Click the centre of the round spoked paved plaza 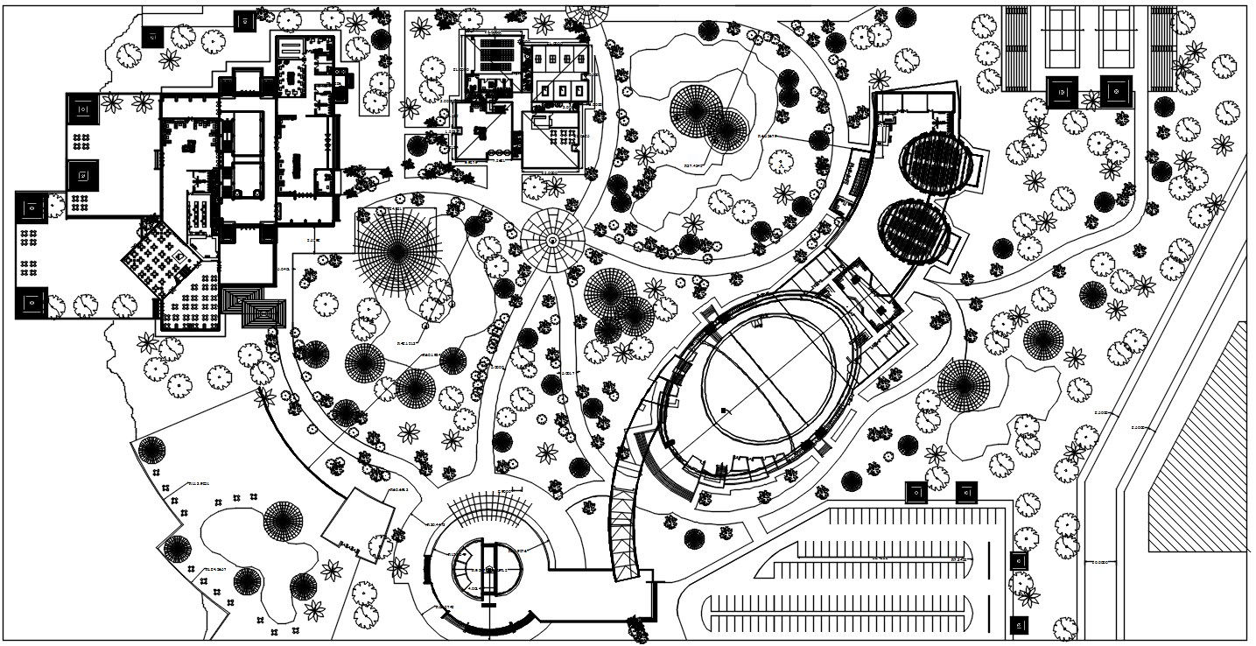(x=552, y=239)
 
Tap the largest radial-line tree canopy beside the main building (x=396, y=252)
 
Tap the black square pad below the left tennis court (x=1063, y=91)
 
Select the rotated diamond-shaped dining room (x=160, y=259)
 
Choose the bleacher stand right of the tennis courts (x=1162, y=48)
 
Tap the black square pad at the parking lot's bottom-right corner (x=1018, y=625)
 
